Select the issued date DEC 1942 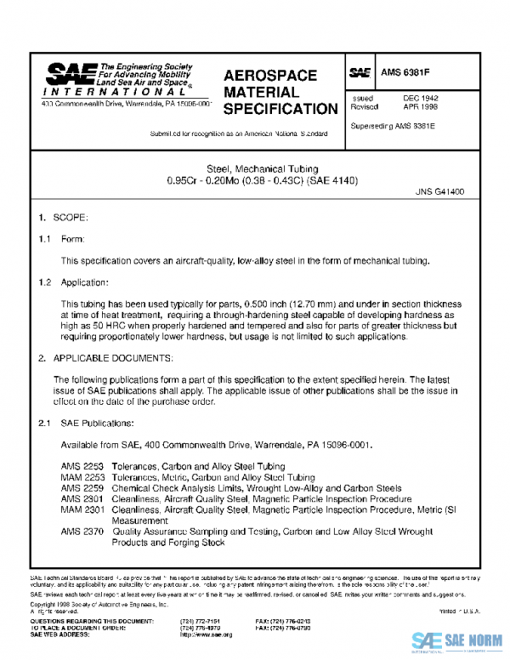tap(420, 99)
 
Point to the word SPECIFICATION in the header tap(280, 109)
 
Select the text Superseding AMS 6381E tap(395, 127)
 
